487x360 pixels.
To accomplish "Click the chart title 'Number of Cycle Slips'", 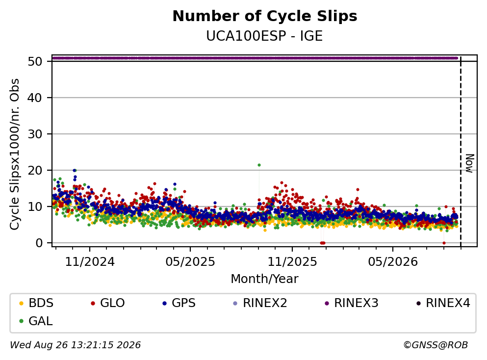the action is [265, 16].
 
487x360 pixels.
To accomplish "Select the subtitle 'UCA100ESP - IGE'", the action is [264, 36].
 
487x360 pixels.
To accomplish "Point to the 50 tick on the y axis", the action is [35, 61].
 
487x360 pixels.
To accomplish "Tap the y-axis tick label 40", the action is [35, 98].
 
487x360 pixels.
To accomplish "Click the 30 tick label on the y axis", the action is [35, 134].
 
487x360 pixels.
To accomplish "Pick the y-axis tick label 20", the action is [35, 171].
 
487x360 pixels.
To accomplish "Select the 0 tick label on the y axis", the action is [39, 243].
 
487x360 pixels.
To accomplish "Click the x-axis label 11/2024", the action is [90, 262].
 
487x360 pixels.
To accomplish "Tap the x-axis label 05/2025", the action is [190, 262].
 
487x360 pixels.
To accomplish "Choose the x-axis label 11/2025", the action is [292, 262].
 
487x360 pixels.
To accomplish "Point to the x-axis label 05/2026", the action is [393, 262].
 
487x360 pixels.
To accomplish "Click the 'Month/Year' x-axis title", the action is [264, 279].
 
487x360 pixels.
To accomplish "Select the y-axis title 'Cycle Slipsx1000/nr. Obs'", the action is [15, 154].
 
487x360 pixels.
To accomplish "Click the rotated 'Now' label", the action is [469, 163].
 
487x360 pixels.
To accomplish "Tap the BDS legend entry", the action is [36, 303].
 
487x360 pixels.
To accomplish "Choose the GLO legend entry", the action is [107, 303].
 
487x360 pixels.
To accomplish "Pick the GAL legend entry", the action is [36, 321].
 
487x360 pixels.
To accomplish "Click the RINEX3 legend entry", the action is [351, 303].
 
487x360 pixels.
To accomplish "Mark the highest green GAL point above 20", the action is [259, 165].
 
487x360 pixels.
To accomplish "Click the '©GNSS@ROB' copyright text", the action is [436, 345].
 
